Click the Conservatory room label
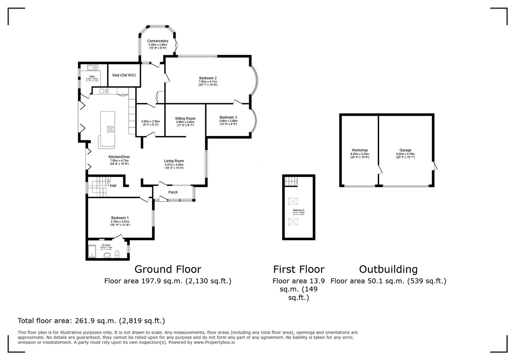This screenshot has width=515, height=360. pos(158,41)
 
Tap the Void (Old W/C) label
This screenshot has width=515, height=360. pos(124,75)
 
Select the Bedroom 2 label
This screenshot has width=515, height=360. pos(208,78)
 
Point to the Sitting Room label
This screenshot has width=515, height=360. pos(185,119)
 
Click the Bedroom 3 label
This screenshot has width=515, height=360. pos(228,117)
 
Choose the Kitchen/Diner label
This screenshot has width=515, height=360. pos(119,157)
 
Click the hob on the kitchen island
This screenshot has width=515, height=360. pos(110,129)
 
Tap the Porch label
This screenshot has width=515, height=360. pos(173,192)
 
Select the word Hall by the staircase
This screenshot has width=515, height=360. pos(113,186)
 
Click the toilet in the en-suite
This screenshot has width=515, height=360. pos(117,254)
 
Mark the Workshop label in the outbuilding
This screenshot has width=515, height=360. pos(360,150)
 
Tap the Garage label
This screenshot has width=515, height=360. pos(405,150)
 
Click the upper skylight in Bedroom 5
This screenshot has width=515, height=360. pos(293,201)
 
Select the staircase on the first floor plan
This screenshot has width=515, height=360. pos(291,181)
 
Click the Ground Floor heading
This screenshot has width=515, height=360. pos(167,269)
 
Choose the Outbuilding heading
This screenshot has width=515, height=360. pos(388,269)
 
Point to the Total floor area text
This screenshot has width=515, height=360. pos(91,321)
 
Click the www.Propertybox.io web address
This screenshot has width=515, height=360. pos(214,342)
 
